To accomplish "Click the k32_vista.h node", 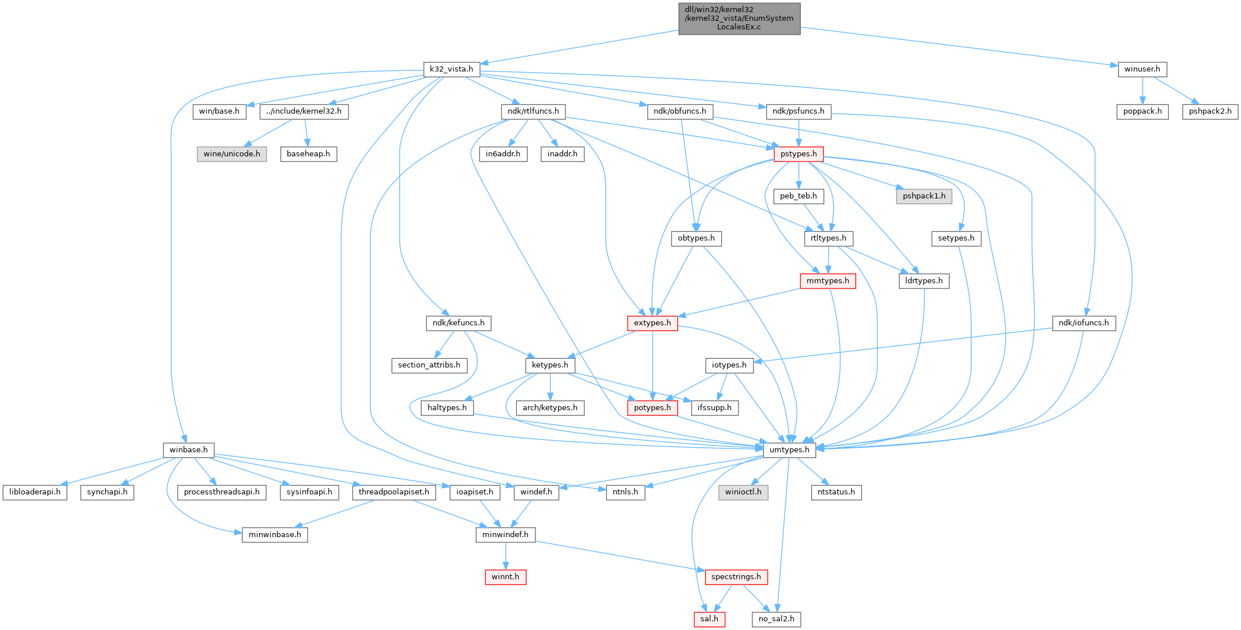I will pyautogui.click(x=451, y=69).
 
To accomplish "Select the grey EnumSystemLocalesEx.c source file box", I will pyautogui.click(x=739, y=18).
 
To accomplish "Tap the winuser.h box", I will pyautogui.click(x=1142, y=69).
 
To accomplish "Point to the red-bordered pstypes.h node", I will pyautogui.click(x=798, y=154).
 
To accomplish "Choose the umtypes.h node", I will pyautogui.click(x=789, y=450).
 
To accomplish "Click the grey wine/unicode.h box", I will pyautogui.click(x=232, y=154).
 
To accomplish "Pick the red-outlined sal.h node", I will pyautogui.click(x=709, y=619).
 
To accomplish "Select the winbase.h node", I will pyautogui.click(x=189, y=450).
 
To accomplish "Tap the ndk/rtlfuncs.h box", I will pyautogui.click(x=533, y=111).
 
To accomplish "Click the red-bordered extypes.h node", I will pyautogui.click(x=653, y=323).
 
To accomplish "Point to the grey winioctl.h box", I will pyautogui.click(x=744, y=492).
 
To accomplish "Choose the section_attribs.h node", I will pyautogui.click(x=429, y=365).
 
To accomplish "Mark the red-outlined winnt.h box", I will pyautogui.click(x=505, y=577).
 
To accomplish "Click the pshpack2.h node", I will pyautogui.click(x=1210, y=111).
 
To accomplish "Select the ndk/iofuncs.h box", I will pyautogui.click(x=1084, y=323).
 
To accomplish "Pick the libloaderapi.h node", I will pyautogui.click(x=35, y=492).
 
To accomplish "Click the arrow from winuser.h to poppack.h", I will pyautogui.click(x=1142, y=90).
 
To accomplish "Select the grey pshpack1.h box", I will pyautogui.click(x=924, y=196).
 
